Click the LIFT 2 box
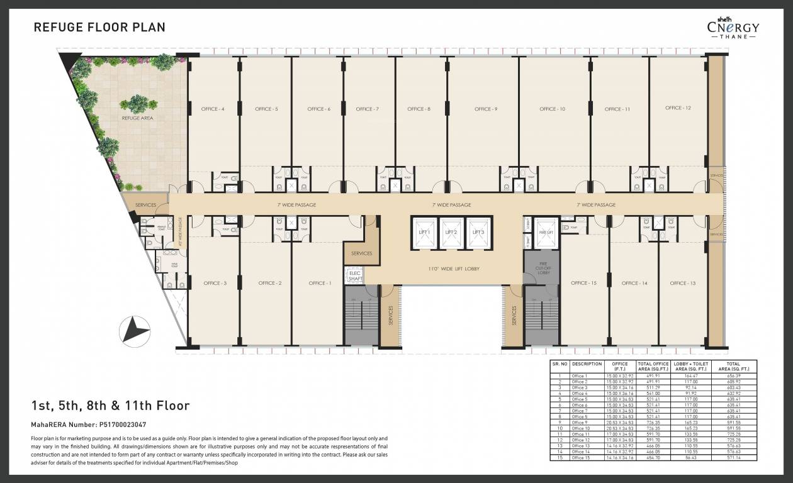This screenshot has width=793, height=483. point(451,231)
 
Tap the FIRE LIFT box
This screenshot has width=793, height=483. point(546,231)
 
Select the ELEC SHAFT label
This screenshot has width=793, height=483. point(354,275)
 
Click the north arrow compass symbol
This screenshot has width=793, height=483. point(135,328)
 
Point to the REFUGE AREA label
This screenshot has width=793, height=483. point(137,118)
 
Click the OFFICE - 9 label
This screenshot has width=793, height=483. point(486,109)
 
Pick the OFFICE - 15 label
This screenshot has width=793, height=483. point(583,283)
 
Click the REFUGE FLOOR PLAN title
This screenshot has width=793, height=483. point(99,27)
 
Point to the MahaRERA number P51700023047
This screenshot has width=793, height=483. point(88,425)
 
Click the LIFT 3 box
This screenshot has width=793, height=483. point(478,231)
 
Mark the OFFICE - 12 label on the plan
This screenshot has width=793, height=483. point(678,108)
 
